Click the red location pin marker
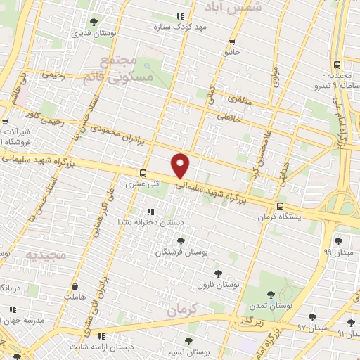coord(181,165)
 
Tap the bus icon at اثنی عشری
coord(143,172)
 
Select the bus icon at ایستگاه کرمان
coord(280,207)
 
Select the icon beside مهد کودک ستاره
coord(180,17)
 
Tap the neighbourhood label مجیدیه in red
coord(45,255)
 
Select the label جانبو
coord(232,52)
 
